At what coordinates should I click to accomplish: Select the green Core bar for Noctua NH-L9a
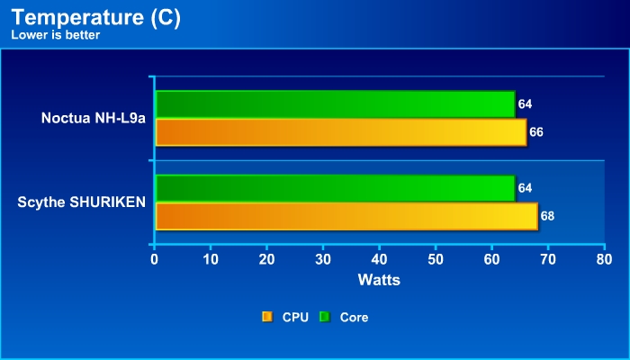(x=335, y=104)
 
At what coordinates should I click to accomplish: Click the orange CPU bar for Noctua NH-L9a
(x=340, y=132)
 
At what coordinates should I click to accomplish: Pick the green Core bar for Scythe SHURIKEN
(x=335, y=188)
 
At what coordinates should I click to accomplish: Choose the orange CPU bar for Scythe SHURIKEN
(x=346, y=216)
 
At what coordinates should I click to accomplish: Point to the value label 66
(x=536, y=132)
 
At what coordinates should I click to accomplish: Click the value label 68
(x=547, y=216)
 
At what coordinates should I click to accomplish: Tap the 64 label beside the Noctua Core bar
(x=525, y=104)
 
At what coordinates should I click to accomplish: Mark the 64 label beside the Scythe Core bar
(x=525, y=188)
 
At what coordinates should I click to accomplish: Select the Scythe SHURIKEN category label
(x=81, y=202)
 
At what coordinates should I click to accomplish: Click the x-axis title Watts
(x=379, y=280)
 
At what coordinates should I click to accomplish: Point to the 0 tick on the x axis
(x=155, y=260)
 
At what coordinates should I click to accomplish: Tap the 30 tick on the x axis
(x=323, y=260)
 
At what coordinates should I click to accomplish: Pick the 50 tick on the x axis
(x=435, y=260)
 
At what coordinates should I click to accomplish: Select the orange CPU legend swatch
(x=266, y=317)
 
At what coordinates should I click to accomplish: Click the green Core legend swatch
(x=324, y=317)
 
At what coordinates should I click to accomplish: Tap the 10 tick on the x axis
(x=211, y=260)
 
